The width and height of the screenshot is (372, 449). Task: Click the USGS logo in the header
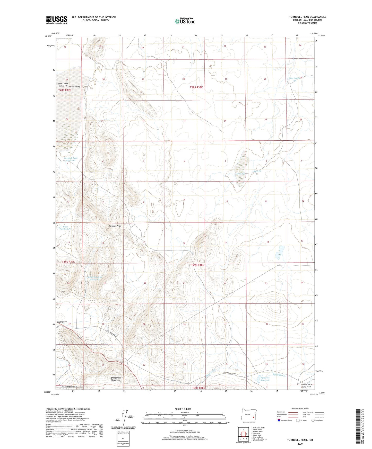click(56, 20)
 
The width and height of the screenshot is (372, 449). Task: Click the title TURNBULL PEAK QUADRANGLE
click(307, 17)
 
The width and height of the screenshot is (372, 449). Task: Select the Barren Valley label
click(74, 87)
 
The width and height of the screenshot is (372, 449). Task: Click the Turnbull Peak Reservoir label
click(71, 159)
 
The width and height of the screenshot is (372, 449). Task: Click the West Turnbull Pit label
click(65, 228)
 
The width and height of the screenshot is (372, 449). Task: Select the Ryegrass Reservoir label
click(265, 379)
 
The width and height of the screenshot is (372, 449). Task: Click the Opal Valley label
click(61, 322)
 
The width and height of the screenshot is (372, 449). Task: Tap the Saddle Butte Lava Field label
click(306, 385)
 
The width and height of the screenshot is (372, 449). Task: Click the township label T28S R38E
click(196, 87)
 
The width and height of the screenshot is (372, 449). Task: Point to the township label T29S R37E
click(68, 262)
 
